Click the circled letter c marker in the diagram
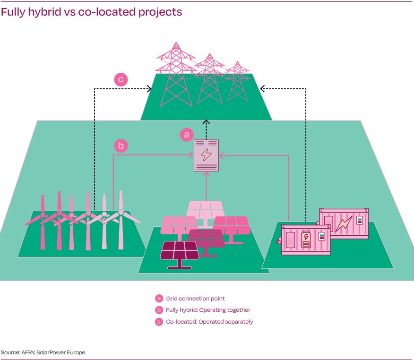[x=121, y=79]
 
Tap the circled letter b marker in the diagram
[x=121, y=146]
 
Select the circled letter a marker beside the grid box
[x=187, y=135]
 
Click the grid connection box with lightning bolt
[x=207, y=155]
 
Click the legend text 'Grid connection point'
[x=195, y=299]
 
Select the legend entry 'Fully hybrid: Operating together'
[x=208, y=310]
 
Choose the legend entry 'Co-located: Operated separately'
[x=209, y=322]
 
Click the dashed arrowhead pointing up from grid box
[x=207, y=123]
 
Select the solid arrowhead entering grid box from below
[x=207, y=174]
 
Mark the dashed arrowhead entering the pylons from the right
[x=263, y=88]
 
